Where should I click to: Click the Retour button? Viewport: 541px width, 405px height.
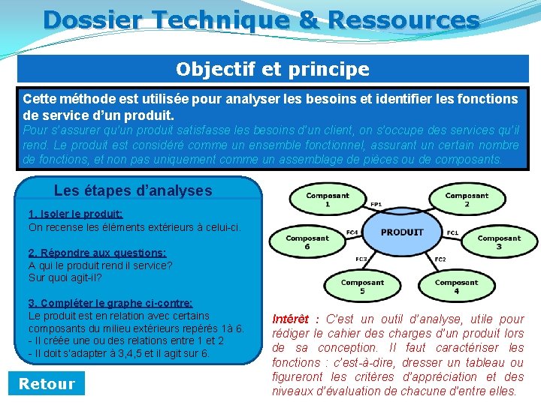[x=47, y=384]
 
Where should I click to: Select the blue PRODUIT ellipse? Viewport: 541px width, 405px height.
[x=402, y=232]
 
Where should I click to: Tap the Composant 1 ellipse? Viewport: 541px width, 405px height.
[x=328, y=200]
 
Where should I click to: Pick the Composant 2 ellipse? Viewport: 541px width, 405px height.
[x=466, y=200]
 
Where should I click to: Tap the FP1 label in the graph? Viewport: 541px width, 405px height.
[x=376, y=203]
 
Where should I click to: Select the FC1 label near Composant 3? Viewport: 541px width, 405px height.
[x=452, y=232]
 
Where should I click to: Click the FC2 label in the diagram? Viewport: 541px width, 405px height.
[x=440, y=259]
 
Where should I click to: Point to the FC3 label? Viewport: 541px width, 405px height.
[x=361, y=259]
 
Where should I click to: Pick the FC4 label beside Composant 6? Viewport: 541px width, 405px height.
[x=352, y=232]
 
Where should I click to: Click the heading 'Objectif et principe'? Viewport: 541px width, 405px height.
[x=273, y=70]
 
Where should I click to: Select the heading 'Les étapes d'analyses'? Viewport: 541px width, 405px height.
[x=133, y=190]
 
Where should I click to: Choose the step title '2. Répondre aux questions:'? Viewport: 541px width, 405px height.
[x=97, y=253]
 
